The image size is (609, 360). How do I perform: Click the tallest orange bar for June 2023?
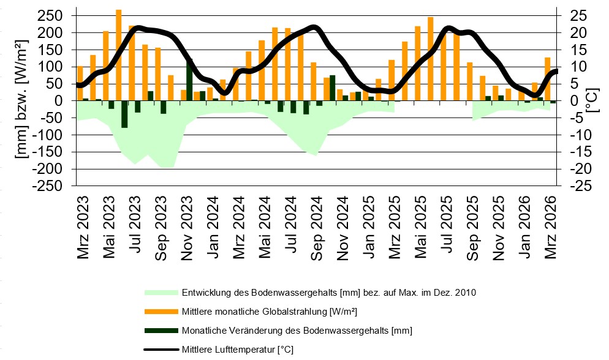point(119,55)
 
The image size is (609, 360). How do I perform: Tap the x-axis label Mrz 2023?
point(83,227)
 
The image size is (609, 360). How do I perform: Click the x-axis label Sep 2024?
point(316,227)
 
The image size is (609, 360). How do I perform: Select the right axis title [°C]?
point(591,100)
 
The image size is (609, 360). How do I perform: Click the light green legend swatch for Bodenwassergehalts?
point(161,293)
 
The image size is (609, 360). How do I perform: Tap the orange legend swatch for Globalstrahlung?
point(161,312)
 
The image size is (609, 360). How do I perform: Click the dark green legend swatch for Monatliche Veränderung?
point(161,331)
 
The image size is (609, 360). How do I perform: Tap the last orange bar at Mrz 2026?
point(548,79)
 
